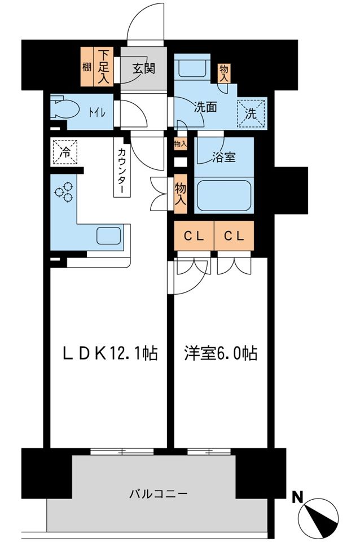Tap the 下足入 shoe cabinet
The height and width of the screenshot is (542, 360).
(104, 65)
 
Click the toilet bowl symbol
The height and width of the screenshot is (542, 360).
(62, 108)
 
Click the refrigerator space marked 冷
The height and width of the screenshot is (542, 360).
(65, 151)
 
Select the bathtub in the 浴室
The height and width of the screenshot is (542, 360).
(225, 195)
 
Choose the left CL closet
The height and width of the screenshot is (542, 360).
(194, 236)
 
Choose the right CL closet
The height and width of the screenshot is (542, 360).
(234, 236)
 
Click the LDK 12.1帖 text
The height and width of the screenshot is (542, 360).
(109, 354)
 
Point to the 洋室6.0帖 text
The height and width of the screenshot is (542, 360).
(220, 354)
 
